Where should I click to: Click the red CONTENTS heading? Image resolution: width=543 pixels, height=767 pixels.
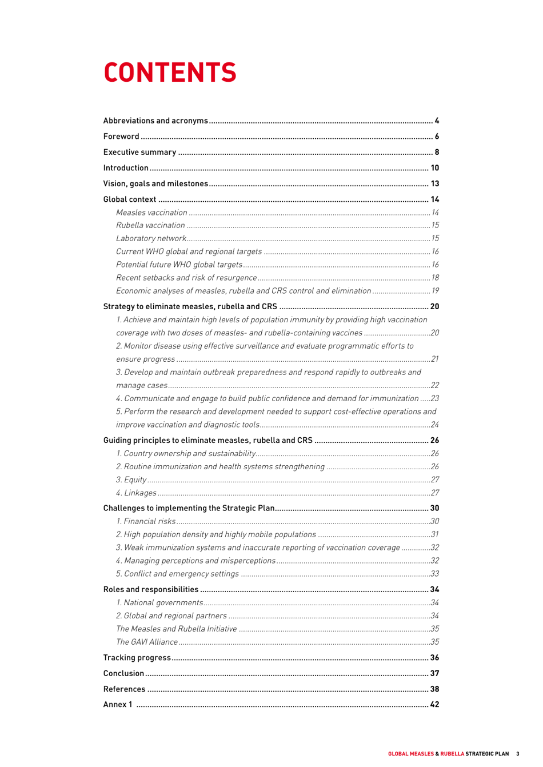coord(170,73)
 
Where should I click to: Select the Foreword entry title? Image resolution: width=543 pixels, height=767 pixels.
coord(121,137)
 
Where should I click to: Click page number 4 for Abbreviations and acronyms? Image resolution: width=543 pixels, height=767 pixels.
coord(437,121)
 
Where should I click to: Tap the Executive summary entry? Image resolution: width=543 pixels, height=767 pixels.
coord(139,152)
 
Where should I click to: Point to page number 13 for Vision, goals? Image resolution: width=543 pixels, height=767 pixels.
coord(434,183)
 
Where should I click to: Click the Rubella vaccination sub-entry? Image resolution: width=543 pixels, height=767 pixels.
coord(150,225)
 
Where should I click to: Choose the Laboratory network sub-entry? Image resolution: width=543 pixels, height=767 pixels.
coord(151,238)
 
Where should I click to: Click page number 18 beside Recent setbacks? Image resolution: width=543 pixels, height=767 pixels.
coord(435,278)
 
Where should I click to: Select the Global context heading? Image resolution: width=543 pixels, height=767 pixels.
coord(129,199)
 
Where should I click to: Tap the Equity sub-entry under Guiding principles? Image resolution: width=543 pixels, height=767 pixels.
coord(131,480)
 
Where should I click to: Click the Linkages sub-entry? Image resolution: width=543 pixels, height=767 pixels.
coord(136,493)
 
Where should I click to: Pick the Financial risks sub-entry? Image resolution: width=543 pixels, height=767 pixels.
coord(146,521)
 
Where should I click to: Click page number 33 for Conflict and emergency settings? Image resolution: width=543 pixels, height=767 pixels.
coord(434,574)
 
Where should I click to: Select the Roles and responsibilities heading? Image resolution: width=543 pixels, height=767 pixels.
coord(150,589)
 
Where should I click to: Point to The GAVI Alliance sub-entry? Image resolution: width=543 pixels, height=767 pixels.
coord(147,642)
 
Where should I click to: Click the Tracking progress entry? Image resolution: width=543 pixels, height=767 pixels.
coord(137,658)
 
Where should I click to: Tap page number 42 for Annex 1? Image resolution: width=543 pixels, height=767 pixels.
coord(434,705)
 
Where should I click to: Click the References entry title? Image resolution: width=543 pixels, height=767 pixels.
coord(124,689)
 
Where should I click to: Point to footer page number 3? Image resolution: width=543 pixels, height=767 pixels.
coord(518,754)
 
